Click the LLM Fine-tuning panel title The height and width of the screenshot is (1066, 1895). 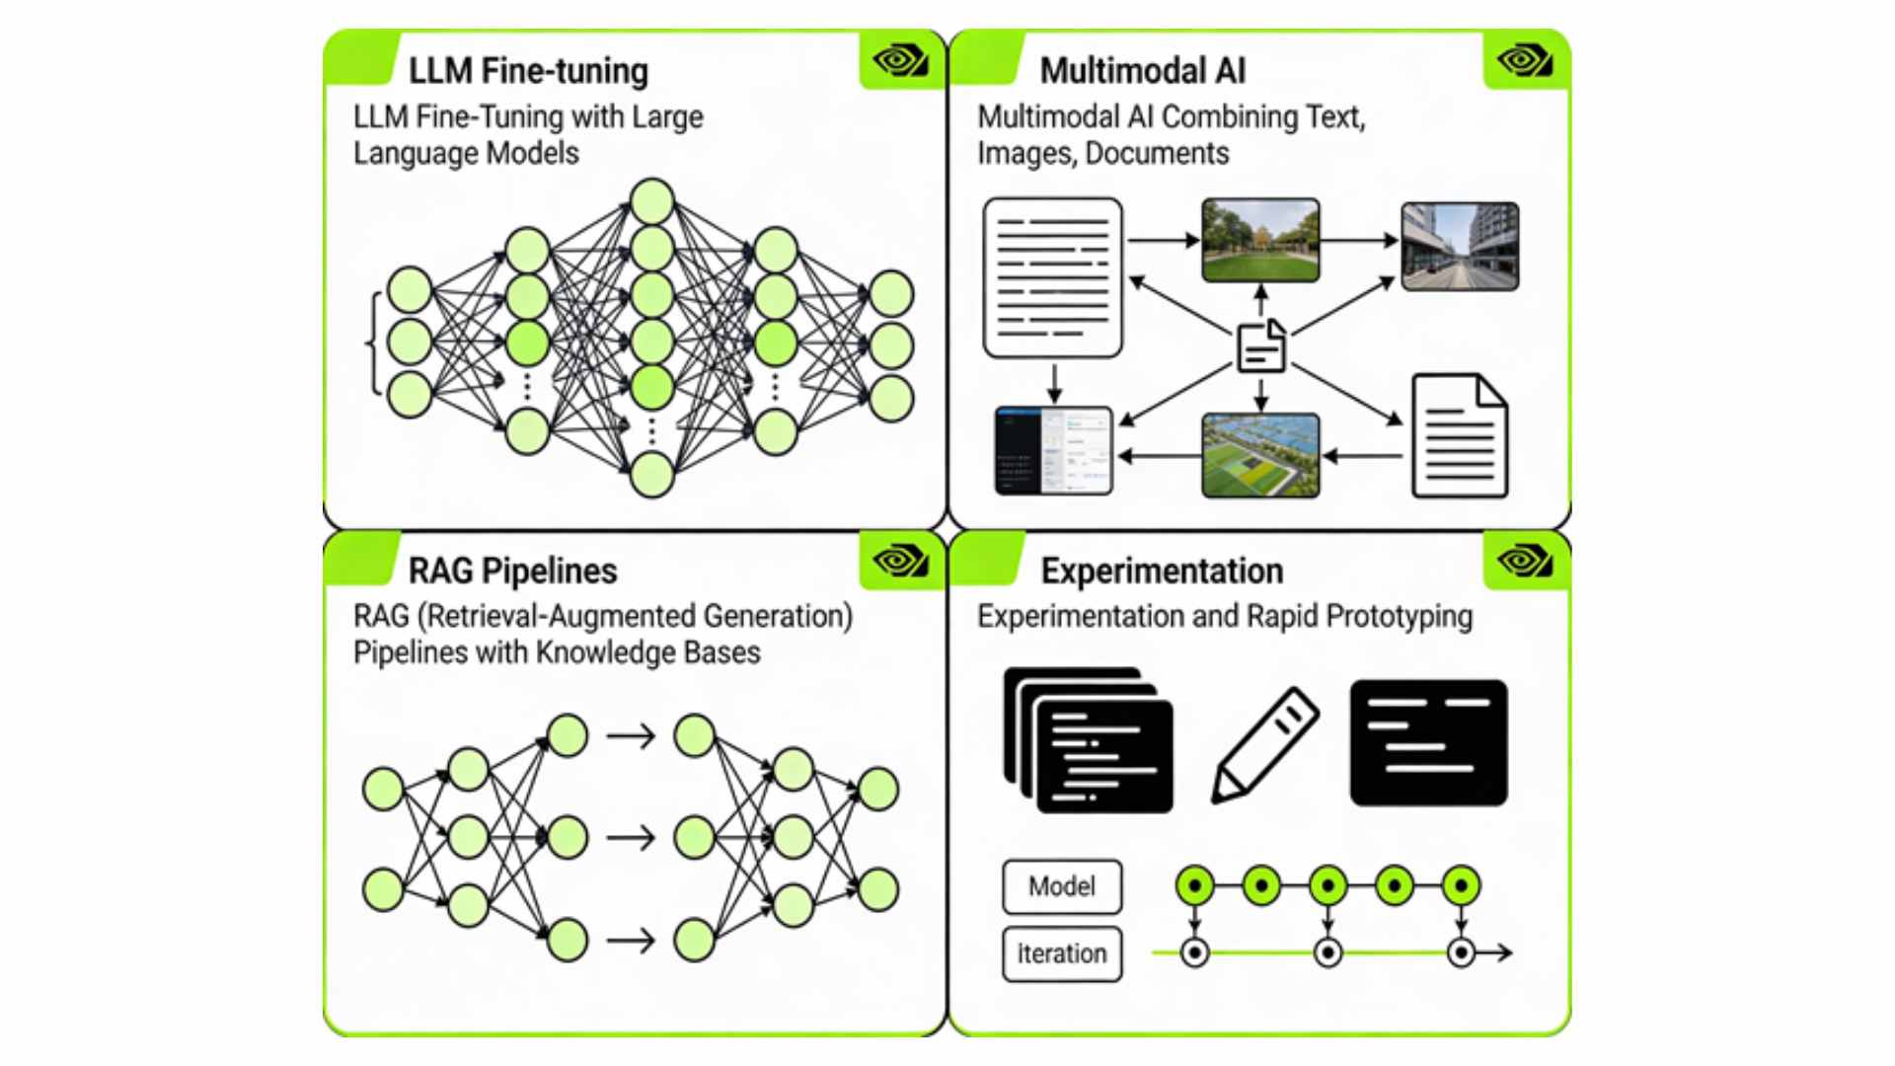[528, 71]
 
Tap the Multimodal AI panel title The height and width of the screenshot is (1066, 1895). [1142, 71]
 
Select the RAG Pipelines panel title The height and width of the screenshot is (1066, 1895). [512, 571]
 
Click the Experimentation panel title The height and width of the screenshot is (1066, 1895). [1162, 571]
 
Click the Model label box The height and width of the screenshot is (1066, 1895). [1062, 886]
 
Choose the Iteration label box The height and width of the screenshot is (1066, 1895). [1062, 953]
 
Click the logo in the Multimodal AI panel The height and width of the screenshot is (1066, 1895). [1524, 61]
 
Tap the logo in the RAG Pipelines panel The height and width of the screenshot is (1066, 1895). [900, 562]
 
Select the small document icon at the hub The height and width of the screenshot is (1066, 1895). [1261, 346]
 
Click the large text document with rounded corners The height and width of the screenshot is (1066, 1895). [1053, 277]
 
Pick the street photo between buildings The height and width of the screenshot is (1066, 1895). [1460, 247]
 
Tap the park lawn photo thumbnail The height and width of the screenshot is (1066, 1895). [1260, 240]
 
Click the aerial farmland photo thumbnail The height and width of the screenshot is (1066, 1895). [1260, 455]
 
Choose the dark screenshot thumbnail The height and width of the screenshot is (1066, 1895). [1053, 451]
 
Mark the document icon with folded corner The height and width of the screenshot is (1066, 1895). [1459, 435]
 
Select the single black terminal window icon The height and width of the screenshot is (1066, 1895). [1428, 742]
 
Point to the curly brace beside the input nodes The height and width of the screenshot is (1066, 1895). [373, 343]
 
